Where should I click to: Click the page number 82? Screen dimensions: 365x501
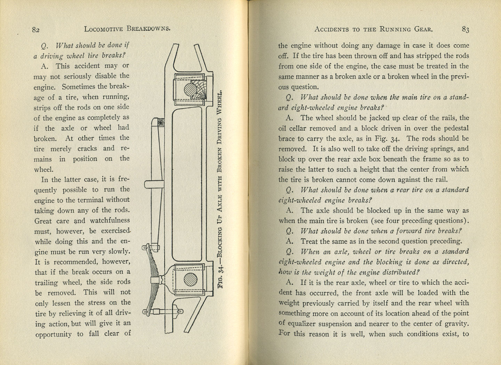pos(35,30)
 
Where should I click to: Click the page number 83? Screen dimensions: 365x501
pos(466,30)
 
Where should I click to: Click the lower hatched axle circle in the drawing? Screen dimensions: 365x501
pos(190,279)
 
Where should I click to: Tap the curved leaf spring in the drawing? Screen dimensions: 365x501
pos(153,264)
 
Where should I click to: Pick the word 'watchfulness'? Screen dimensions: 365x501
pos(110,220)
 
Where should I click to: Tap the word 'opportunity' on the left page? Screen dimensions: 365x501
pos(54,334)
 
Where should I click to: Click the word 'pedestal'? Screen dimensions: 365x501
pos(455,128)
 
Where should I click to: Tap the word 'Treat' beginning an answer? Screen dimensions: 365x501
pos(309,241)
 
